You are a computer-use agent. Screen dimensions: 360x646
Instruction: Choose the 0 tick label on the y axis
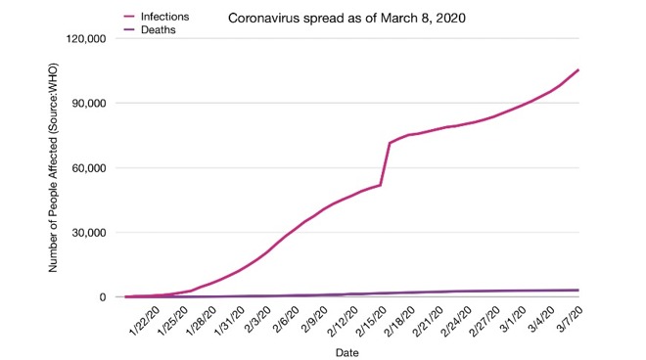click(102, 297)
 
